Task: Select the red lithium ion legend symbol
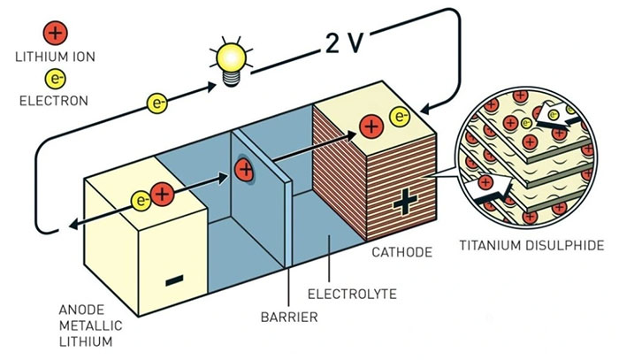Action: [55, 34]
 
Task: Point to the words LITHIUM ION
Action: [55, 57]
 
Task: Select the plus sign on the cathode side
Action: [405, 202]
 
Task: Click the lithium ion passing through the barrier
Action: [244, 168]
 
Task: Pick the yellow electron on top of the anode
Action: [141, 199]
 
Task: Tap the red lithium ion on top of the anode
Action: [162, 194]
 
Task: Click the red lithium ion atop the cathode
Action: [371, 126]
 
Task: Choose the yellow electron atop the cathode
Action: [400, 116]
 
